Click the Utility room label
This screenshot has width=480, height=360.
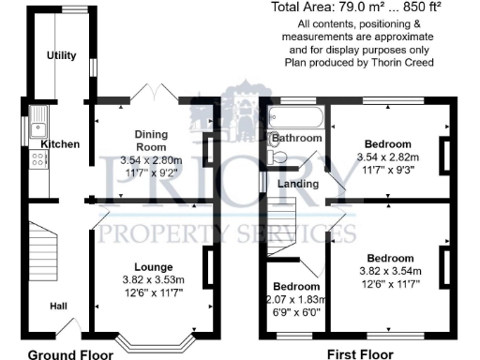(x=62, y=56)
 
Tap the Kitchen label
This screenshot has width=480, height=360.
(x=59, y=143)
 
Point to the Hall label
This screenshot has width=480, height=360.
(x=58, y=305)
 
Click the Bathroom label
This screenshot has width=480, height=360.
(x=297, y=139)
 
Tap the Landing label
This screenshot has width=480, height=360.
(x=297, y=184)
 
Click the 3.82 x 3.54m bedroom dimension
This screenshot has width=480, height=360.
(x=390, y=271)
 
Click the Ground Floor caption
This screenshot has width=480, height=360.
(x=70, y=354)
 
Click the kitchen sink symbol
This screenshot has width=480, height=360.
(x=40, y=120)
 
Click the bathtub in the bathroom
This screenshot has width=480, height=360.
(x=295, y=118)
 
